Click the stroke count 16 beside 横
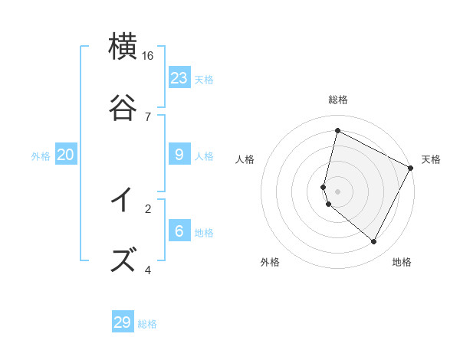(148, 56)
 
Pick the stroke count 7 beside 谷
(148, 116)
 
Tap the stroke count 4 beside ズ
(148, 270)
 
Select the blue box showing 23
(179, 78)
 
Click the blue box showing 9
(179, 155)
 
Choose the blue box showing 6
(179, 231)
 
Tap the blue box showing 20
(65, 155)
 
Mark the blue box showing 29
(123, 322)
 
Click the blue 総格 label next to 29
(147, 324)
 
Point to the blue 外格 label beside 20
(41, 156)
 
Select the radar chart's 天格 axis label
(431, 159)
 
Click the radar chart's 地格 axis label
(402, 262)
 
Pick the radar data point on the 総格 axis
(337, 130)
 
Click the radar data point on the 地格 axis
(373, 242)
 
